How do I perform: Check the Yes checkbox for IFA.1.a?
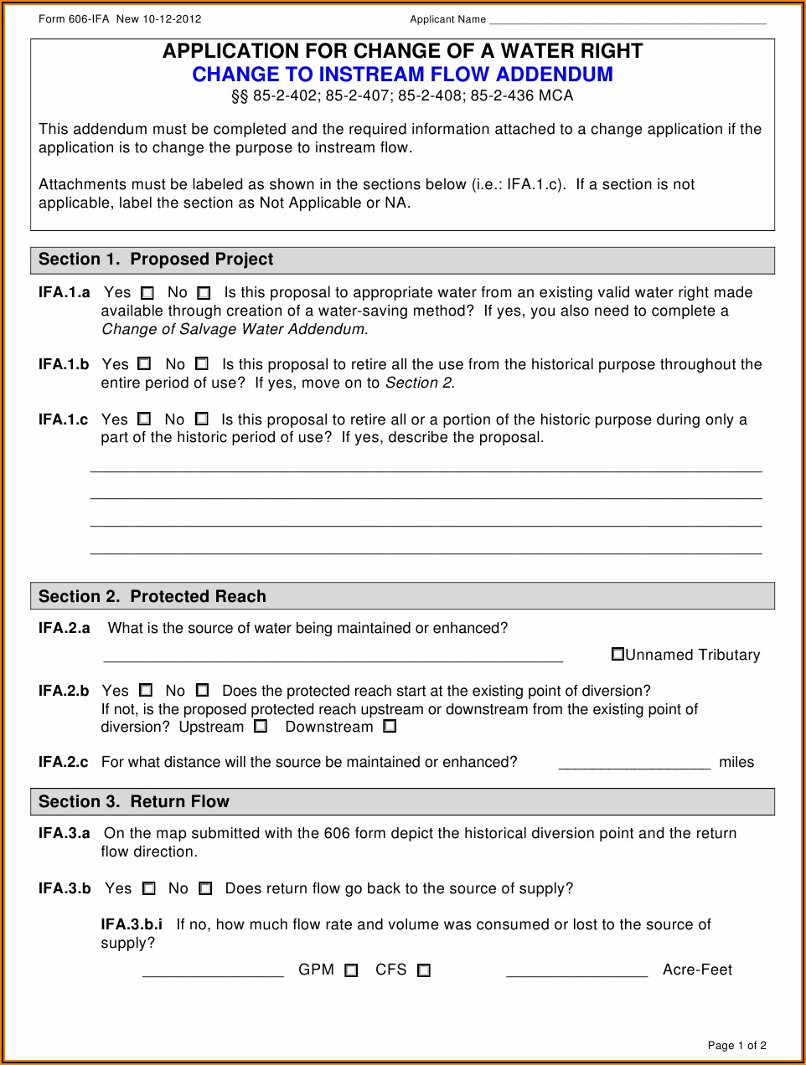click(147, 294)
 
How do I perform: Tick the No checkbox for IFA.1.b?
click(202, 364)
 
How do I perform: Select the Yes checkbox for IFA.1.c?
click(144, 419)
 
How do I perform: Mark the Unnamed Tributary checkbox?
click(617, 654)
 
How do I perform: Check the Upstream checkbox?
click(261, 727)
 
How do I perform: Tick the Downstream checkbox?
click(390, 727)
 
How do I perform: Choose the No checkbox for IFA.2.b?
click(202, 691)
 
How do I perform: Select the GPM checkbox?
click(351, 970)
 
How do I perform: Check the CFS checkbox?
click(424, 970)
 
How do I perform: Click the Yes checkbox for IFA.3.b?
click(149, 888)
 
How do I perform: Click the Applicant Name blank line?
click(628, 20)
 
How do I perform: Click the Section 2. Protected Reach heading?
click(152, 596)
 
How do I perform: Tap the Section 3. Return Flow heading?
click(134, 801)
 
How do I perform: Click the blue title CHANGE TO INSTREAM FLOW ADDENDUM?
click(402, 75)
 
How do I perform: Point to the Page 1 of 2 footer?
click(736, 1045)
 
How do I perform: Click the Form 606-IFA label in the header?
click(74, 19)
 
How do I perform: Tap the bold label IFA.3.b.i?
click(132, 924)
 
